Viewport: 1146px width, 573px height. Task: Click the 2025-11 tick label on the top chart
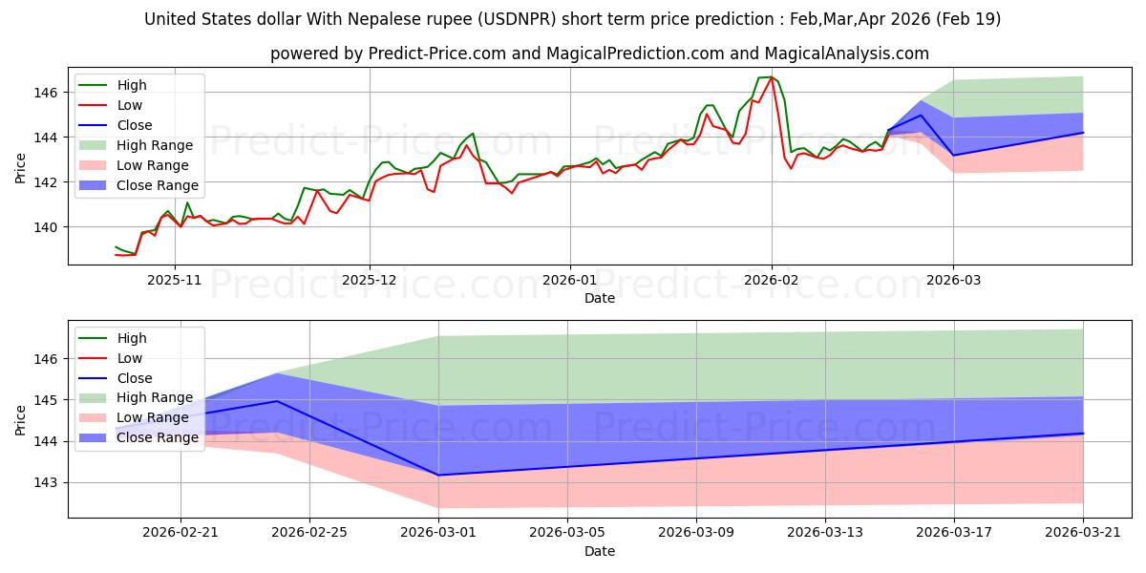click(175, 281)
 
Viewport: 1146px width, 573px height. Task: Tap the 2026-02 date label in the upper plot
click(772, 281)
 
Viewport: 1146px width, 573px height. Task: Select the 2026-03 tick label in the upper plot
click(954, 281)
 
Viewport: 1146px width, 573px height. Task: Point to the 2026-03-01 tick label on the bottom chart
click(438, 533)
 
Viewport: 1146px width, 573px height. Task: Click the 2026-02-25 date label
click(309, 533)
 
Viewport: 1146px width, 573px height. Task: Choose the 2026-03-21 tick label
click(1083, 533)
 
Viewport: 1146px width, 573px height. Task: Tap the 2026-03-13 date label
click(825, 533)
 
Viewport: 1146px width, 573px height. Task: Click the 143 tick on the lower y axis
click(45, 483)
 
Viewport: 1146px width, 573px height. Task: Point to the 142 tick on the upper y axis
click(45, 182)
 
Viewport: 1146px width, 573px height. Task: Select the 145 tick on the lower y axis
click(45, 400)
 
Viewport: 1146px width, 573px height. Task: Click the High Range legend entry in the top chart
click(136, 145)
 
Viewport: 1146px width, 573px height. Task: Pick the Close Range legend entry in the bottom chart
click(138, 437)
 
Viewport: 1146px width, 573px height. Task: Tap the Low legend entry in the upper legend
click(111, 105)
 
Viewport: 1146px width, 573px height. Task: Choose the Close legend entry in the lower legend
click(116, 378)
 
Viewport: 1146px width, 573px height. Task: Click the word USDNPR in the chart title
click(518, 19)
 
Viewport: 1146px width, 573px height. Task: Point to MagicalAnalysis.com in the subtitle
click(847, 53)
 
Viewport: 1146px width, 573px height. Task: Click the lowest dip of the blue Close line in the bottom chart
click(438, 476)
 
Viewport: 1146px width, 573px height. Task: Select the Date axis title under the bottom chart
click(600, 551)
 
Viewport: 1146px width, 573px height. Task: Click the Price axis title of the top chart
click(20, 168)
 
